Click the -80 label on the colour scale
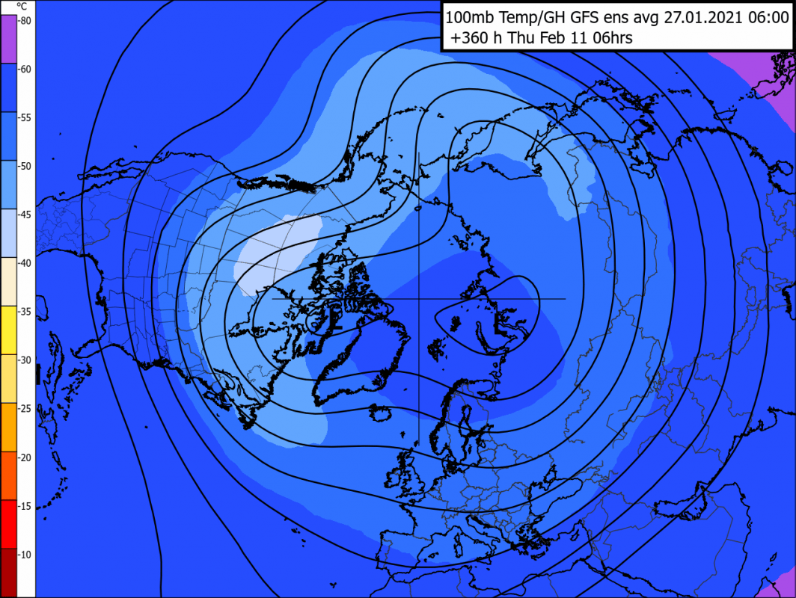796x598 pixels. point(25,21)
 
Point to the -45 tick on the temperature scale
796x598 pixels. point(25,215)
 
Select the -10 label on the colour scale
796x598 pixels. point(25,555)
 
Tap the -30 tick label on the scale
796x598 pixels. point(25,360)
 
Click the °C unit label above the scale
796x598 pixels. point(22,6)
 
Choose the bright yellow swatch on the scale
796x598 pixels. point(8,330)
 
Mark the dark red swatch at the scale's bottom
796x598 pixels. point(8,573)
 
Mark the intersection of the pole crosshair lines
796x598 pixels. point(418,299)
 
